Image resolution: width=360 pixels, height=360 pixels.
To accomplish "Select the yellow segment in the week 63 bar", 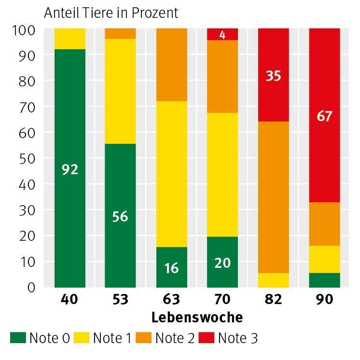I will tap(171, 174).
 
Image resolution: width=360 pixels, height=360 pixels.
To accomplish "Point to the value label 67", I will tap(324, 116).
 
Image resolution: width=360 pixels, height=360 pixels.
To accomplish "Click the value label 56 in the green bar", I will tap(120, 217).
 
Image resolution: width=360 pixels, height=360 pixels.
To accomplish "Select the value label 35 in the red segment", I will tap(273, 76).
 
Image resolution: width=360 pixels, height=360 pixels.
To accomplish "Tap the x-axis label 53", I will tap(120, 300).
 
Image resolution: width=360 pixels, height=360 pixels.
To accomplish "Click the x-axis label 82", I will tap(273, 300).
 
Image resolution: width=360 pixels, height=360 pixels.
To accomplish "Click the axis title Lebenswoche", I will tap(197, 318).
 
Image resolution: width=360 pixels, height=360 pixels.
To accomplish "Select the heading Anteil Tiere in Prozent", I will tap(111, 13).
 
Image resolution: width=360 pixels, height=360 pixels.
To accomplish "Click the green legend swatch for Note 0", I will tap(18, 338).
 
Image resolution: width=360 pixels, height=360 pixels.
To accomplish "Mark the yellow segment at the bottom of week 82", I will tap(273, 280).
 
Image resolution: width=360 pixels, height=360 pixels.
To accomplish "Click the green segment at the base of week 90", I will tap(324, 280).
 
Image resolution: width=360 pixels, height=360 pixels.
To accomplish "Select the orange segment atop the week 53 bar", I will tap(120, 33).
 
